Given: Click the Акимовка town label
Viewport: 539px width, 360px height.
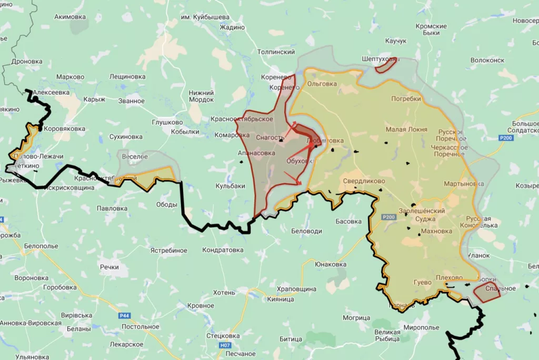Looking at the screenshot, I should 70,17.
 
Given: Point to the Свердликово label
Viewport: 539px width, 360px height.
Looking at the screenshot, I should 364,181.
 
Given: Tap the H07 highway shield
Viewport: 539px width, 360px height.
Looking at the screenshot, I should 225,346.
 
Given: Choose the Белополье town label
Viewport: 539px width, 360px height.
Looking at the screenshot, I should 40,246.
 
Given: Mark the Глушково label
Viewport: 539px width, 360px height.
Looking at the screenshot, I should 167,123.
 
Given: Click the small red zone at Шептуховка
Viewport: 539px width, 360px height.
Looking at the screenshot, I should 386,64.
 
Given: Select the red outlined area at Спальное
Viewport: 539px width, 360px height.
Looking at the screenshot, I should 486,292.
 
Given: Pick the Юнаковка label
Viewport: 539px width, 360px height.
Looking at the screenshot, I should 331,264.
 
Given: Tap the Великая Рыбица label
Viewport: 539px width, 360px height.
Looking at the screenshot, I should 387,335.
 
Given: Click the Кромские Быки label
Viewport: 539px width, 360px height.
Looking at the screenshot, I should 431,29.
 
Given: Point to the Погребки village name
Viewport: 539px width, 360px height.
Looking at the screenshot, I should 406,98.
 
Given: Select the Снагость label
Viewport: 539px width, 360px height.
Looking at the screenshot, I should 270,138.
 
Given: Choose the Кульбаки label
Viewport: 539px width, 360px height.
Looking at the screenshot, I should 231,186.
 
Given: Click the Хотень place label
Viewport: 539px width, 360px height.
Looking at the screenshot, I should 224,292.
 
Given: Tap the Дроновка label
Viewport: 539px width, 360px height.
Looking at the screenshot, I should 27,62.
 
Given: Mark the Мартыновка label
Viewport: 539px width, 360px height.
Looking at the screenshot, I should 463,184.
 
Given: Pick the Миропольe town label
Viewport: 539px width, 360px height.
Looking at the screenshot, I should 421,327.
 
